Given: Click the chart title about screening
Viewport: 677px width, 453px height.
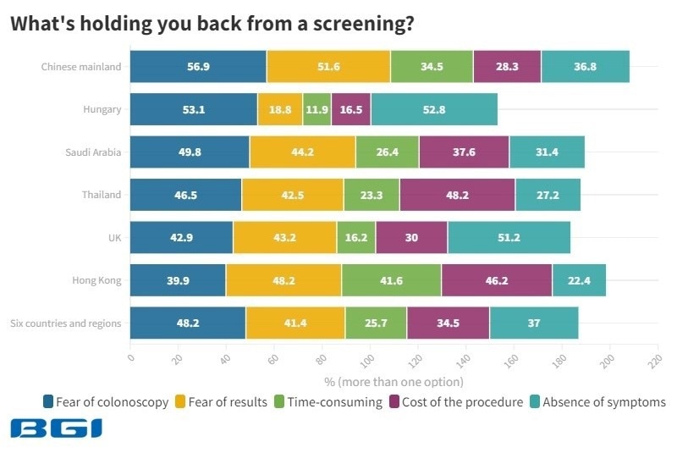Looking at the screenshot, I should pyautogui.click(x=212, y=24).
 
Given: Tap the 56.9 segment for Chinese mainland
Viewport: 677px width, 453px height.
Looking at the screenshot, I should pyautogui.click(x=198, y=66).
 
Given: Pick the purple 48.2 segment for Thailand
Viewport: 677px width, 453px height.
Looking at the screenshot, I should pyautogui.click(x=457, y=195).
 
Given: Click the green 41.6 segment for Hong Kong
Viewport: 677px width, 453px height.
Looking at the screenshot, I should pyautogui.click(x=391, y=280).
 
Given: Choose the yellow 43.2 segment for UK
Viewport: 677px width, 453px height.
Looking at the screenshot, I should pyautogui.click(x=284, y=237).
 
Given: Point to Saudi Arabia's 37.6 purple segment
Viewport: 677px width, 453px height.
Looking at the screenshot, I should pyautogui.click(x=464, y=152).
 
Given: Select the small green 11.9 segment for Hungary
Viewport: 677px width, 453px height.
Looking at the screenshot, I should pyautogui.click(x=316, y=109).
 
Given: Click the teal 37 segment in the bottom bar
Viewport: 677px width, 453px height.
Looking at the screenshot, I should pyautogui.click(x=533, y=323).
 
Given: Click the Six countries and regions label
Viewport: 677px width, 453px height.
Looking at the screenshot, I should pyautogui.click(x=65, y=323).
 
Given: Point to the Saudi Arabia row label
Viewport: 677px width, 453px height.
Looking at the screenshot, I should pyautogui.click(x=93, y=152).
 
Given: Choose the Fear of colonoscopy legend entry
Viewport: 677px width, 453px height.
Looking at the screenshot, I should pyautogui.click(x=105, y=401).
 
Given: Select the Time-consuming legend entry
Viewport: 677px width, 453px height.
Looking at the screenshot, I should pyautogui.click(x=328, y=401).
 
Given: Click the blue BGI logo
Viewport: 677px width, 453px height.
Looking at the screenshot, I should pyautogui.click(x=56, y=428).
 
